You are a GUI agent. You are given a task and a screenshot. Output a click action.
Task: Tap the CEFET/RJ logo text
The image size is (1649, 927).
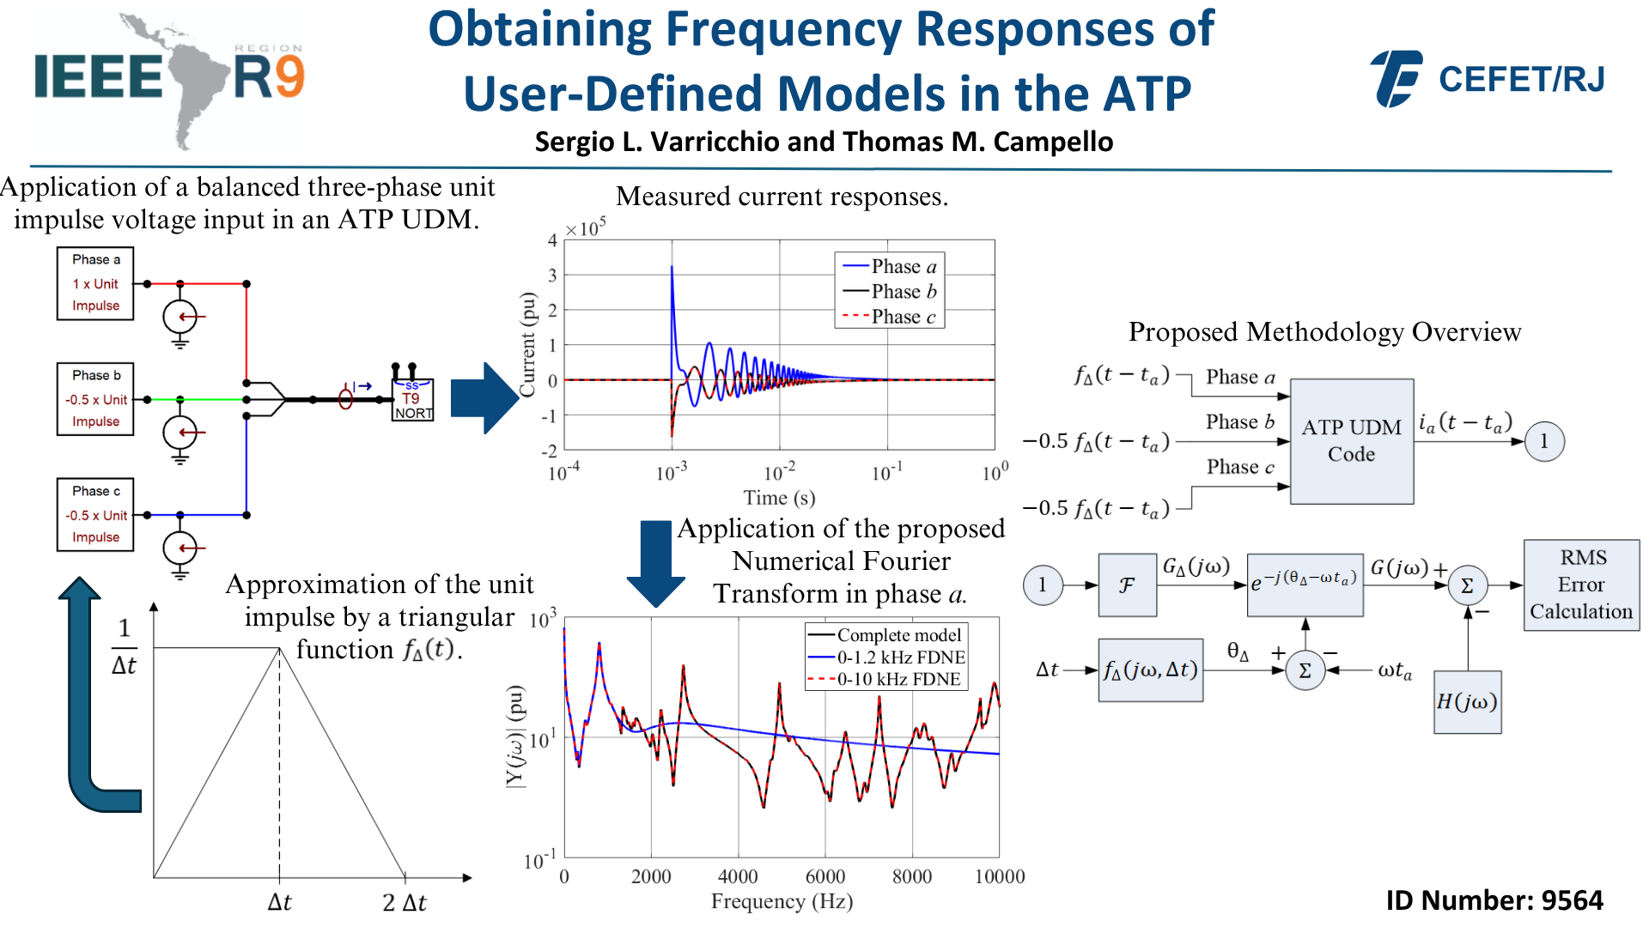[x=1521, y=80]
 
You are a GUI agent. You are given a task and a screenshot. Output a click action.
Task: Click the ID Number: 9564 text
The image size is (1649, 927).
[x=1494, y=900]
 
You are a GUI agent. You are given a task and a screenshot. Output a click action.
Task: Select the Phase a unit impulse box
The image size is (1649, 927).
[x=95, y=283]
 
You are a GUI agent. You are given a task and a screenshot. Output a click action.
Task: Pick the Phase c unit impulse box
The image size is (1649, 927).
[x=95, y=514]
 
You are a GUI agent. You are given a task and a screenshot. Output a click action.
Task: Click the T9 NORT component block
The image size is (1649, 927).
[x=413, y=400]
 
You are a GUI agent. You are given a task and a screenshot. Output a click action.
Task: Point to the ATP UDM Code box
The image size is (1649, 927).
[x=1351, y=441]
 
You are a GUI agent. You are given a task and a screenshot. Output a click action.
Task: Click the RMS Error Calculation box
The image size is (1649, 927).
[x=1581, y=585]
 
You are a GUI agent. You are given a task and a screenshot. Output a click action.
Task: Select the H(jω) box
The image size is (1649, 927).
[x=1467, y=702]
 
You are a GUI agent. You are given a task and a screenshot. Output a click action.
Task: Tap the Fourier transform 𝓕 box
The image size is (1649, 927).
[x=1127, y=585]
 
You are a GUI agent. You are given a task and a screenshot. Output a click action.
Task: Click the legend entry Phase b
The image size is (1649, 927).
[x=903, y=292]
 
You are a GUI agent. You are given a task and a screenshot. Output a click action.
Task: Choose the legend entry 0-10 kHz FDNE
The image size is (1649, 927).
[x=898, y=679]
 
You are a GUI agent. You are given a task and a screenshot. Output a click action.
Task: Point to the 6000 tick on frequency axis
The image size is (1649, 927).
[x=824, y=876]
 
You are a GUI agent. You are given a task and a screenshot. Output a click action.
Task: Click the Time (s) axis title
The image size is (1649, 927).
[x=779, y=498]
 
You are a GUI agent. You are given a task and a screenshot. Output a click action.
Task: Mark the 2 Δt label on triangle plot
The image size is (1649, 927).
[x=405, y=902]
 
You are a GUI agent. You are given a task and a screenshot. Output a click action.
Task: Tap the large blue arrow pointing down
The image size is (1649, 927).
[x=656, y=563]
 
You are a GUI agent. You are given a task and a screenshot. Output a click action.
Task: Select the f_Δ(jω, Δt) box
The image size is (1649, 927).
[x=1150, y=670]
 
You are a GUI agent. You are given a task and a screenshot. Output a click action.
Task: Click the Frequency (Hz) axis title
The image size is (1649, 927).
[x=782, y=901]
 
